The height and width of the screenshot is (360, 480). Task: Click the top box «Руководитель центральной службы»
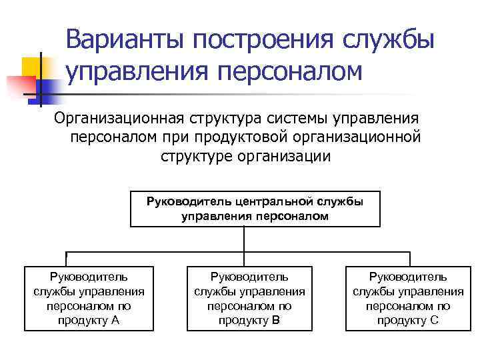(x=255, y=209)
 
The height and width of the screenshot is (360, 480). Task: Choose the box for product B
(x=249, y=299)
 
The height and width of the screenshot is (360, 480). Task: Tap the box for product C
(x=407, y=299)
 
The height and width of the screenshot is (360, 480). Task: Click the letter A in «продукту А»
(x=115, y=321)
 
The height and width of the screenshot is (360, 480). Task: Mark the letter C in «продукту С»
(x=434, y=321)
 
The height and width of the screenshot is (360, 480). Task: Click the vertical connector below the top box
(x=245, y=239)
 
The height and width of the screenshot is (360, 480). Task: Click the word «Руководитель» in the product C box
(x=407, y=277)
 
